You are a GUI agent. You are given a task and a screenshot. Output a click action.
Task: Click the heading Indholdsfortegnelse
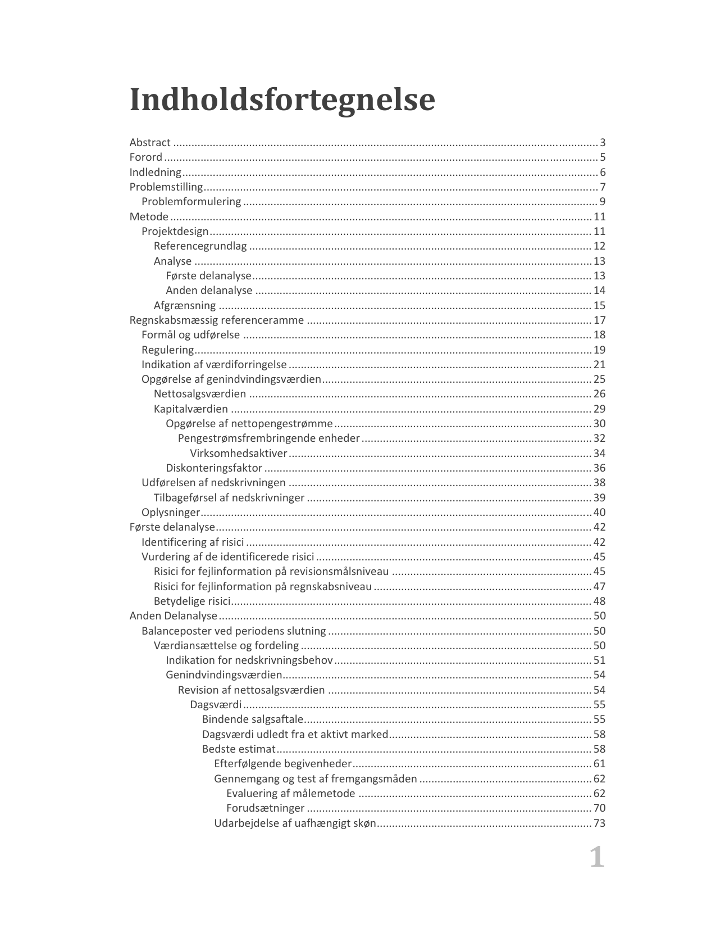click(282, 100)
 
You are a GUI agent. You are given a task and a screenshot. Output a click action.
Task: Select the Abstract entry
click(150, 143)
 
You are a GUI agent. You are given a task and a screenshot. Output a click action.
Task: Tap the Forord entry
click(146, 157)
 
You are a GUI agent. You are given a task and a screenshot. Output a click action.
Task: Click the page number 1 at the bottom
click(597, 858)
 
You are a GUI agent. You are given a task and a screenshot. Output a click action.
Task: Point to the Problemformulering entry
click(191, 202)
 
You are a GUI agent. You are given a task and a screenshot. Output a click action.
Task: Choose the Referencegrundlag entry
click(200, 246)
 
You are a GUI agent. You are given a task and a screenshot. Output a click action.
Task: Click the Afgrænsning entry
click(185, 306)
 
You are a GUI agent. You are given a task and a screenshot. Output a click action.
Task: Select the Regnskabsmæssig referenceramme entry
click(216, 320)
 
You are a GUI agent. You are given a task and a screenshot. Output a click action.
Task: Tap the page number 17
click(599, 320)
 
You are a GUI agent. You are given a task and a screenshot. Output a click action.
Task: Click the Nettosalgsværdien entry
click(200, 394)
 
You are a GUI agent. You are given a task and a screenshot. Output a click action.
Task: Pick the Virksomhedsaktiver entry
click(239, 454)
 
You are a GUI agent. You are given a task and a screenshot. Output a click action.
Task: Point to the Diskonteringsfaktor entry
click(214, 468)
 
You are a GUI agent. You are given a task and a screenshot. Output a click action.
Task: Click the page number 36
click(599, 468)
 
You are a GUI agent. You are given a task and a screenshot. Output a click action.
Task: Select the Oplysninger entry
click(171, 513)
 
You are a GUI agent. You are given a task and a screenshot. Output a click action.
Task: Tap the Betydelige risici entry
click(192, 601)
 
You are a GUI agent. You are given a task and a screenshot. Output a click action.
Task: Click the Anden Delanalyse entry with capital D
click(173, 616)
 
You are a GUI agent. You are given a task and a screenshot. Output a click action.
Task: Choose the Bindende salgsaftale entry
click(253, 719)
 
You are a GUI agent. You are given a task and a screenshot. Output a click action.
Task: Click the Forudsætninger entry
click(265, 808)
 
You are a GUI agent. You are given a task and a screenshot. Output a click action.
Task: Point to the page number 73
click(599, 823)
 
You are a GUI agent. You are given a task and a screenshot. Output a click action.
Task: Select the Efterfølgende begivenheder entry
click(282, 764)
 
